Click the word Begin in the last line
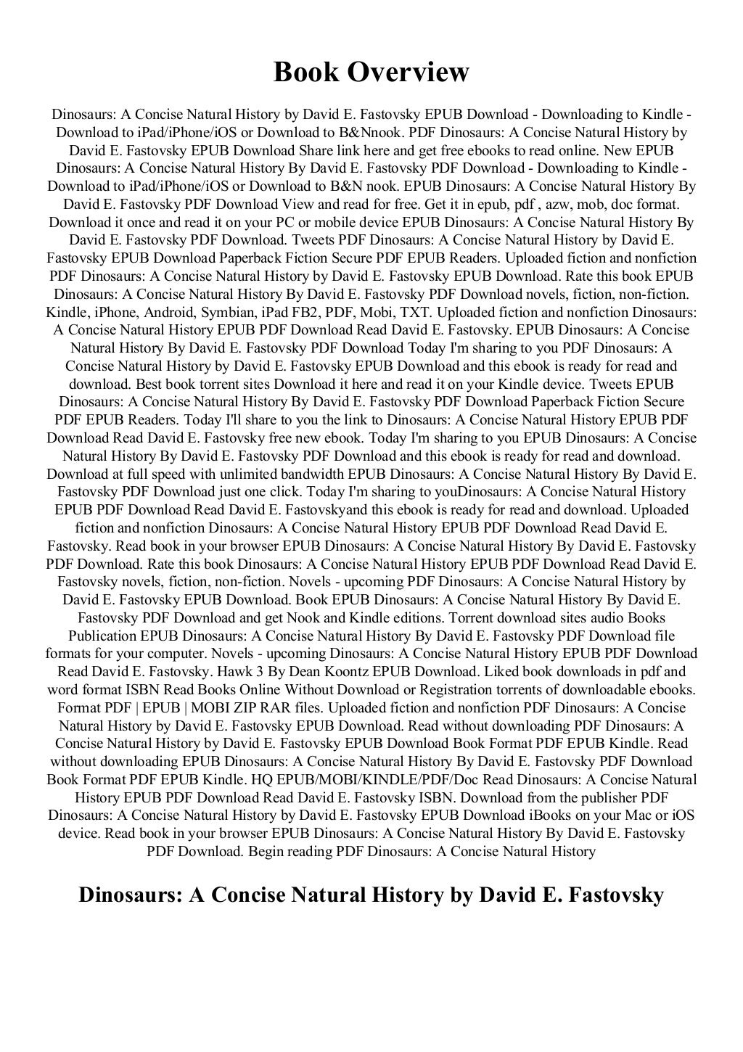[266, 851]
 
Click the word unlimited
[237, 474]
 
